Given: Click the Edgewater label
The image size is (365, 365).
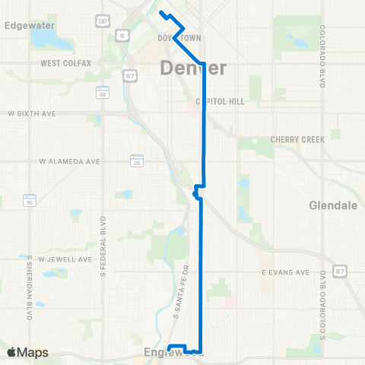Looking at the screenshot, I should point(27,24).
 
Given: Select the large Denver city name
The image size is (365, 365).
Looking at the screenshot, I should point(193,69).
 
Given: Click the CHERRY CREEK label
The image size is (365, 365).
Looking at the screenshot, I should point(297,140).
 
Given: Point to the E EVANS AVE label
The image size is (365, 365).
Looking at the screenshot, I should point(285,271).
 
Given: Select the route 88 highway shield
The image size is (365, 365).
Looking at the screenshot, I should point(102,92).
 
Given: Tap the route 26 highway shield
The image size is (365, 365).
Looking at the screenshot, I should point(137,162).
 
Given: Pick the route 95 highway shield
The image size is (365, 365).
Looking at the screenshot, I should point(30,202).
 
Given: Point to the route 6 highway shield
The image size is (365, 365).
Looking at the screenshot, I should point(122,36).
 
